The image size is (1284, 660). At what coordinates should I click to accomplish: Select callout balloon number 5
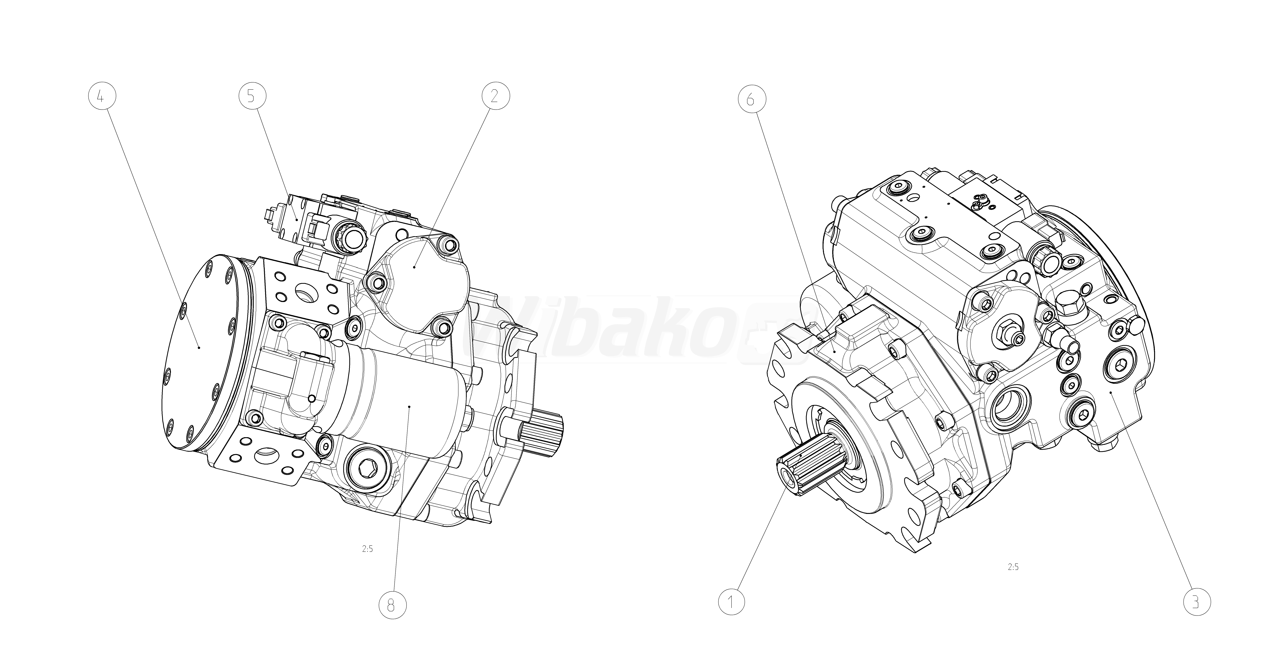[x=251, y=97]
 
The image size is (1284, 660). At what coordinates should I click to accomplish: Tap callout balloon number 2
[x=494, y=97]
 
